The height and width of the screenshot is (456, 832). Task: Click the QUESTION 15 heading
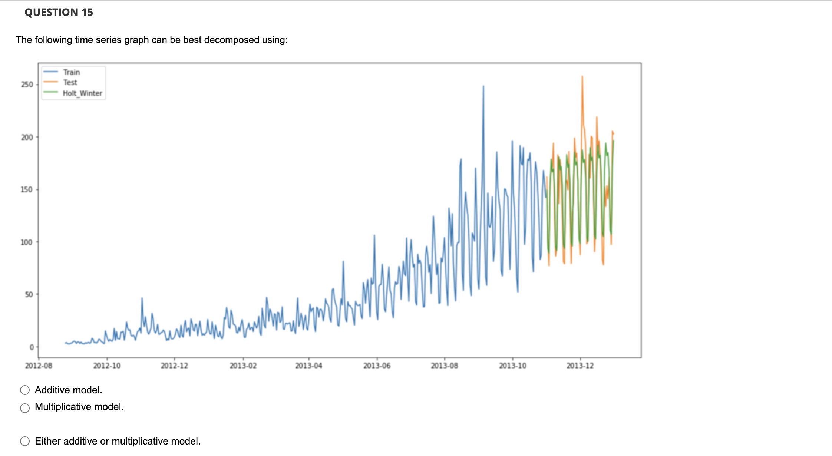(59, 12)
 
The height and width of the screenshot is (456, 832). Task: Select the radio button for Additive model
(25, 390)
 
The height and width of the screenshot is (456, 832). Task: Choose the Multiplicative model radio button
(25, 408)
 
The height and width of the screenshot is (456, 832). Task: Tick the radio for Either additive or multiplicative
(25, 441)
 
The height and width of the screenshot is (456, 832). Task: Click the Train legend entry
(71, 72)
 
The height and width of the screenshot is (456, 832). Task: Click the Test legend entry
(70, 82)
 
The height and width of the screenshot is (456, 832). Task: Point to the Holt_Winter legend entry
(82, 93)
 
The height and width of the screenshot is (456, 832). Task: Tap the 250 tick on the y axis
(27, 85)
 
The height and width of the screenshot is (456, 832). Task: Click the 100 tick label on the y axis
(27, 242)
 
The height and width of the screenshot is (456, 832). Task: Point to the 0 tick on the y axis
(32, 347)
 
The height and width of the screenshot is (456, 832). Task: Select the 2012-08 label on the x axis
(39, 366)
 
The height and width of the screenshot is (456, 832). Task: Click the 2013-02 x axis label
(243, 366)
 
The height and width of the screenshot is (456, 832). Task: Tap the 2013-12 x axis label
(580, 366)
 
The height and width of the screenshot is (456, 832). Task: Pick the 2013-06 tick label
(377, 366)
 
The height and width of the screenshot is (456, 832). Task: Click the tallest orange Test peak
(582, 77)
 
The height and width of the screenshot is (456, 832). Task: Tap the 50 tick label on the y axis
(29, 295)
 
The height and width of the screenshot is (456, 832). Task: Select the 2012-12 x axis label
(174, 366)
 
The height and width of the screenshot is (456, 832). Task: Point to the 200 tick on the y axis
(27, 137)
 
